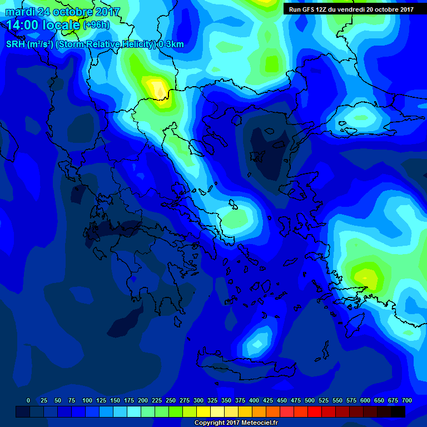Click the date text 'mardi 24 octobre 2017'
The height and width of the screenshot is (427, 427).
pos(62,12)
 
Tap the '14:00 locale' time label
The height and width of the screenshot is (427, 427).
pos(43,25)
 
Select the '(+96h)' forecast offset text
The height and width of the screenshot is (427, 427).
pos(96,25)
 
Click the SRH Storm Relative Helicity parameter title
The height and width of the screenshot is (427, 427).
pos(95,44)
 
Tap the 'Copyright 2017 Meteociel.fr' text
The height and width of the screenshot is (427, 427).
pos(236,423)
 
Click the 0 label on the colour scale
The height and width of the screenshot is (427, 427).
pos(28,400)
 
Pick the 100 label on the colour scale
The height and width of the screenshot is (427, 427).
pos(87,400)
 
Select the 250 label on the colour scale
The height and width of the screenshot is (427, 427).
pos(171,400)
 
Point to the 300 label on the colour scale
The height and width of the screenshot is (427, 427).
pos(198,400)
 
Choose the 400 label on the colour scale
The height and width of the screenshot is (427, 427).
pos(254,400)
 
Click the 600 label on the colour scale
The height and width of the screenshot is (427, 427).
pos(365,400)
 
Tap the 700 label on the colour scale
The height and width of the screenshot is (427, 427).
pos(407,400)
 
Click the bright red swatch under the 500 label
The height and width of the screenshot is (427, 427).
pos(315,411)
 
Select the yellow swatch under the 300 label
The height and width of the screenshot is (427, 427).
pos(203,411)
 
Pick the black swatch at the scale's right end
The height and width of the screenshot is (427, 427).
pos(398,411)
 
